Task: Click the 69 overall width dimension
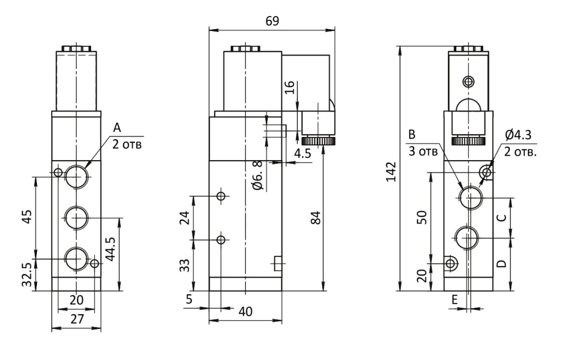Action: [272, 21]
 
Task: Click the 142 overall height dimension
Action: [391, 172]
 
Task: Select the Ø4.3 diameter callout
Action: [518, 135]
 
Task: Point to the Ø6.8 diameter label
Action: [258, 176]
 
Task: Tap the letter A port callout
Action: [117, 128]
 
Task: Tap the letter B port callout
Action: [412, 135]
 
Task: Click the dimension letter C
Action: [502, 218]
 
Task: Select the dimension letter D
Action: [502, 264]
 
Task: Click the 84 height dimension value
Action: [315, 218]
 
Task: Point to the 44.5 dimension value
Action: [110, 249]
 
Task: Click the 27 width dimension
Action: [77, 319]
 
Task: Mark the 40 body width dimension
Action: [246, 311]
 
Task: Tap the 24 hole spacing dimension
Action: [184, 218]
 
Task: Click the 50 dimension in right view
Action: [422, 218]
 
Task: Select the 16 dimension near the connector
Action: [289, 87]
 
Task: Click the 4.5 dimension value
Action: [302, 153]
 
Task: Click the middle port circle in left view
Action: [76, 218]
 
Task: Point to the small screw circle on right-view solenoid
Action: [468, 82]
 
